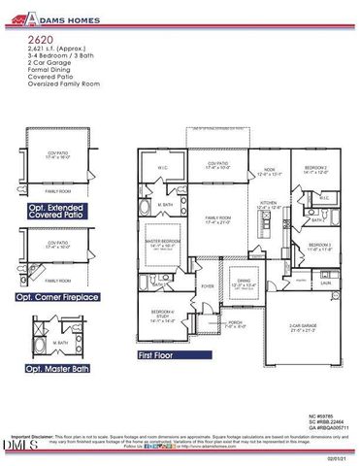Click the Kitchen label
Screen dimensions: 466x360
[x=267, y=204]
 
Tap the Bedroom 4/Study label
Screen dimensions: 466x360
[x=162, y=313]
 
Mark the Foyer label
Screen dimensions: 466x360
[x=208, y=286]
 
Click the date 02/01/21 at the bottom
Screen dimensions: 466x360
[x=339, y=459]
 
